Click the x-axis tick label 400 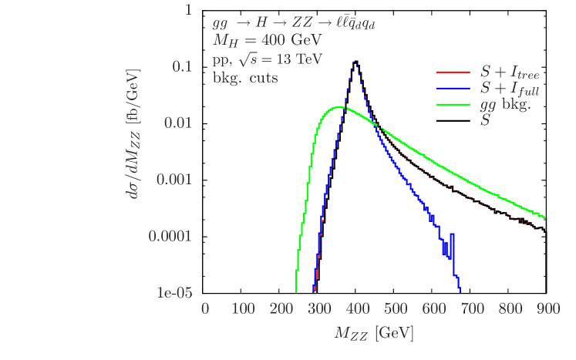click(357, 309)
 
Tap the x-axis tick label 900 click(547, 309)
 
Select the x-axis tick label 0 click(205, 309)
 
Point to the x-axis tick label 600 click(433, 309)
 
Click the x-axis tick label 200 click(281, 309)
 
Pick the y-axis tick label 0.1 click(182, 66)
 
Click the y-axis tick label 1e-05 click(175, 293)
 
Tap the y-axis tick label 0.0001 click(170, 236)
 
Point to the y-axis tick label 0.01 click(178, 123)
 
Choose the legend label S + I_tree click(510, 73)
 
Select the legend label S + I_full click(510, 89)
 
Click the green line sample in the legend click(453, 105)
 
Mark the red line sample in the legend click(453, 72)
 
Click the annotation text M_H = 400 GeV click(268, 41)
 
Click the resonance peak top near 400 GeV click(355, 61)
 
